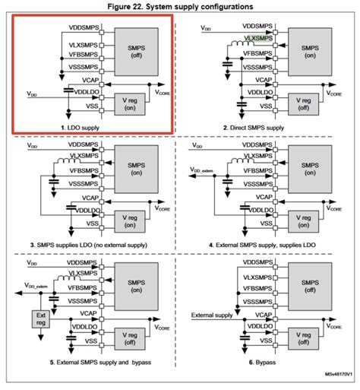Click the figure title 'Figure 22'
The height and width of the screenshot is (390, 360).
(x=180, y=6)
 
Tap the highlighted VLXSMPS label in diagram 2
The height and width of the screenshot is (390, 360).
(x=257, y=36)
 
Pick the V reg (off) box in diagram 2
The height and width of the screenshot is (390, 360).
(x=303, y=103)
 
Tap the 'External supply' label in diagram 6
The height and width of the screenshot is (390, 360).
(x=212, y=314)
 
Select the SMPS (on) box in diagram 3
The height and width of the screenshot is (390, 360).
(x=134, y=166)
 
